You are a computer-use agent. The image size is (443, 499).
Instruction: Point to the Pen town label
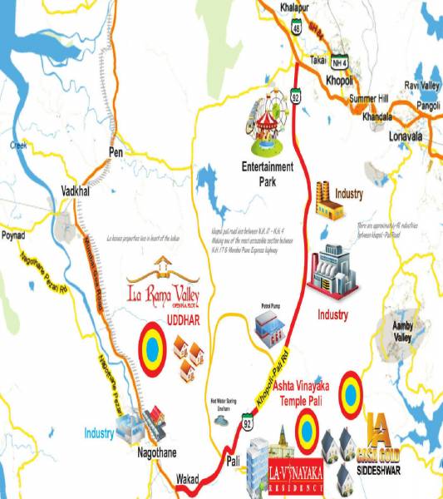click(x=116, y=152)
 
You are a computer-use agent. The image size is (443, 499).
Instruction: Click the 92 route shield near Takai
click(x=295, y=95)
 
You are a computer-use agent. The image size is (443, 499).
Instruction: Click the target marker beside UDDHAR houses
click(x=152, y=347)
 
